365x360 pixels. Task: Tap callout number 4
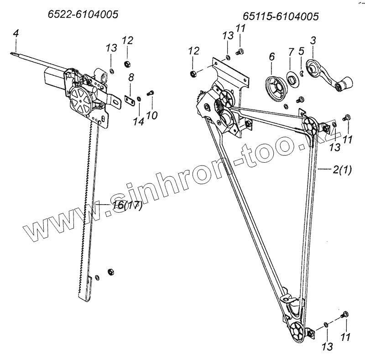click(x=16, y=33)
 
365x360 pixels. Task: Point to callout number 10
click(x=152, y=115)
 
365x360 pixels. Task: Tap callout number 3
click(x=313, y=41)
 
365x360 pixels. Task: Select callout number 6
click(x=272, y=57)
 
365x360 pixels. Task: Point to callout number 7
click(x=291, y=51)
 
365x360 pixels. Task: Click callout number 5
click(x=301, y=51)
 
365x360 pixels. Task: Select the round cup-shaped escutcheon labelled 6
click(x=276, y=86)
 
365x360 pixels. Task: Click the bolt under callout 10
click(x=151, y=93)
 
